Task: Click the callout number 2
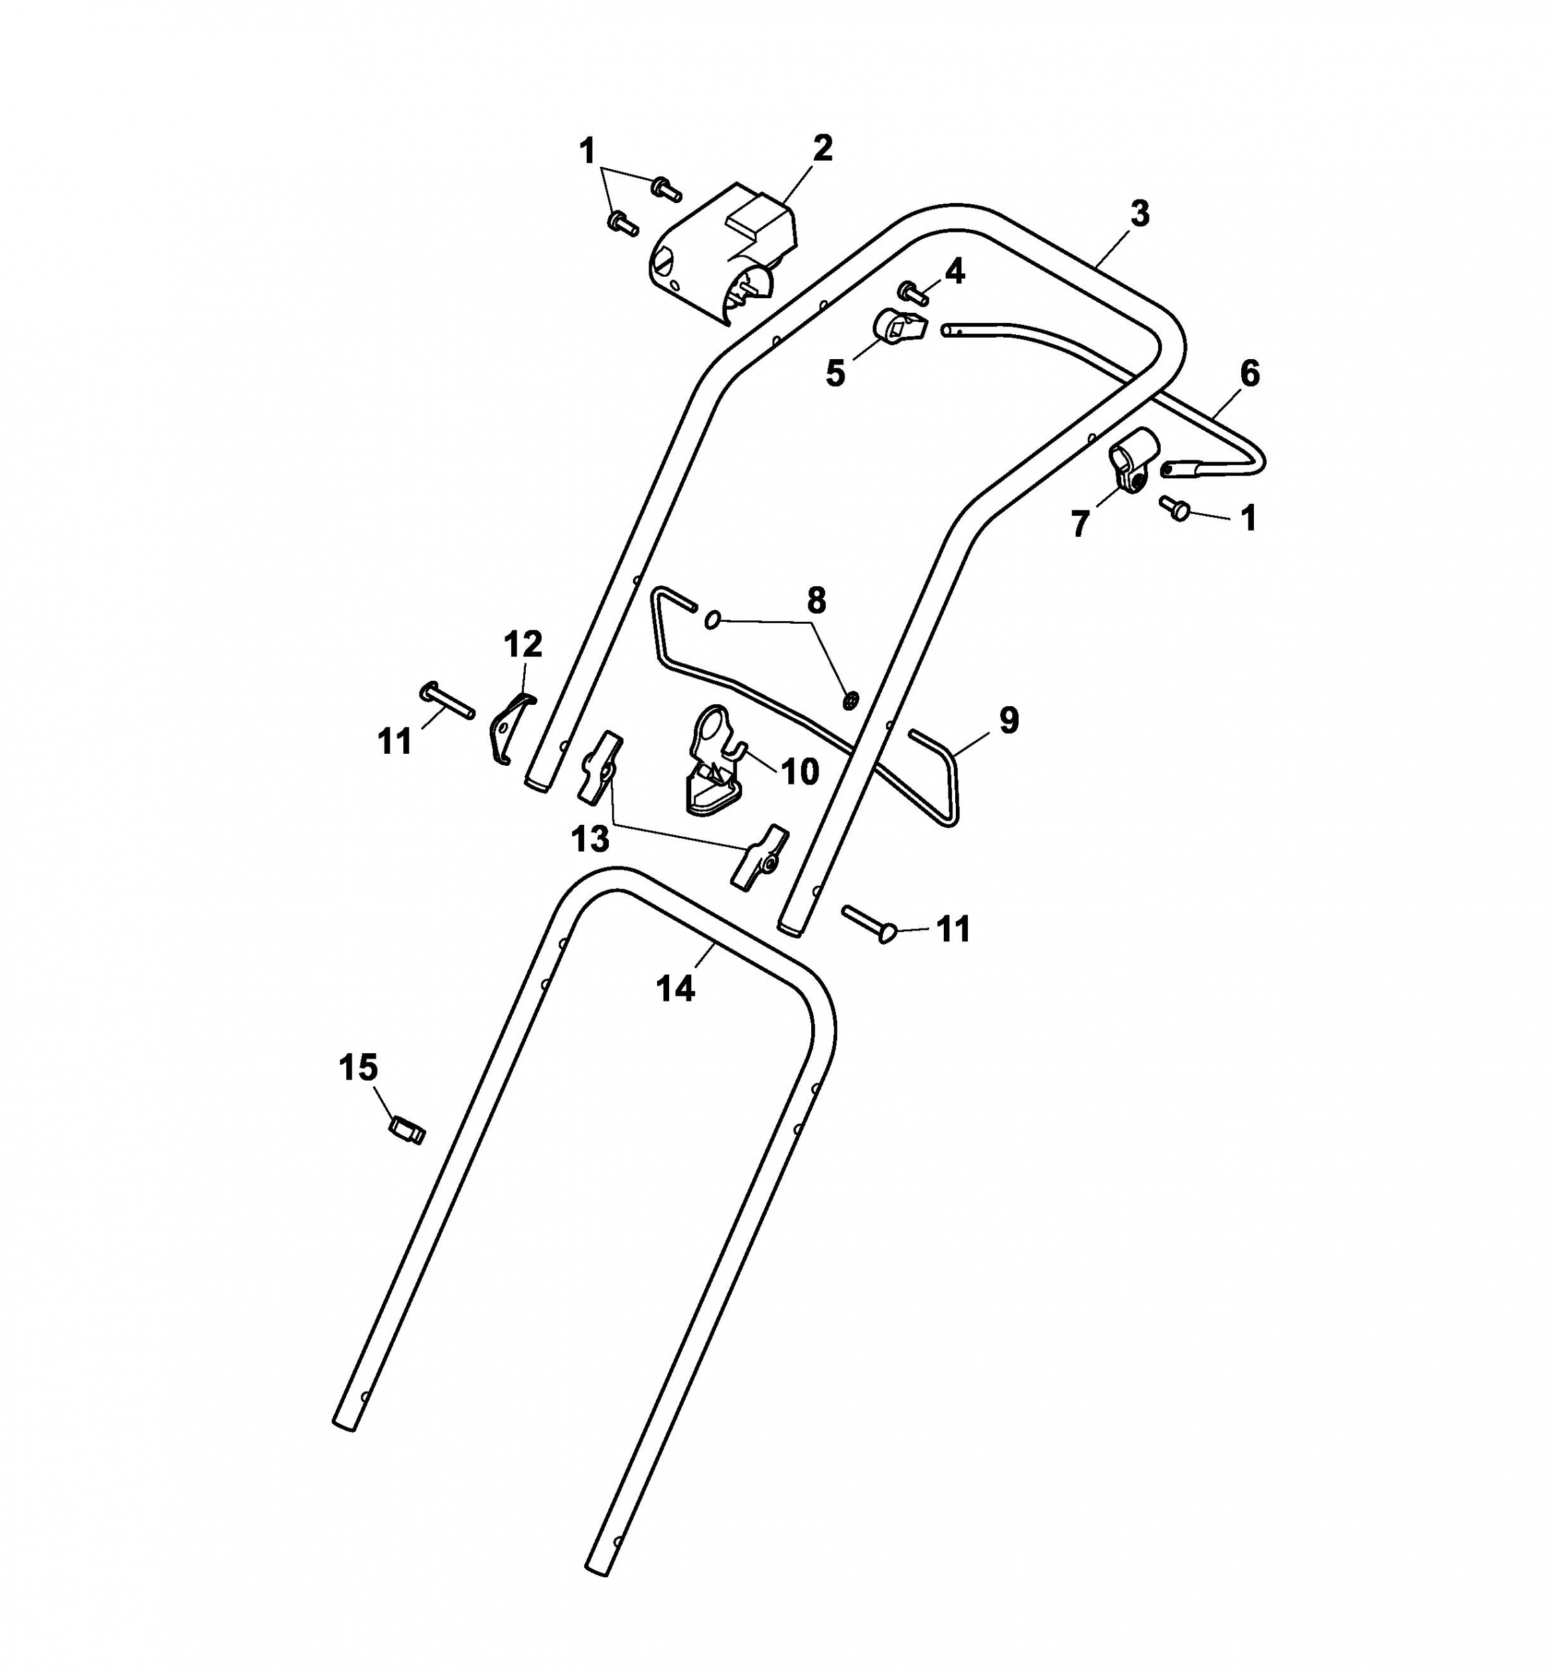coord(822,148)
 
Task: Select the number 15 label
coord(358,1068)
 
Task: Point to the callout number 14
coord(675,989)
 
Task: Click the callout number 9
coord(1009,720)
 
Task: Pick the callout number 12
coord(522,645)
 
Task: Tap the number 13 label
coord(589,838)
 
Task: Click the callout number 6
coord(1250,373)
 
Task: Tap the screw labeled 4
coord(914,292)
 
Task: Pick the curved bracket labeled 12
coord(510,728)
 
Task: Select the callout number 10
coord(800,770)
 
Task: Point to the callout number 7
coord(1080,524)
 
